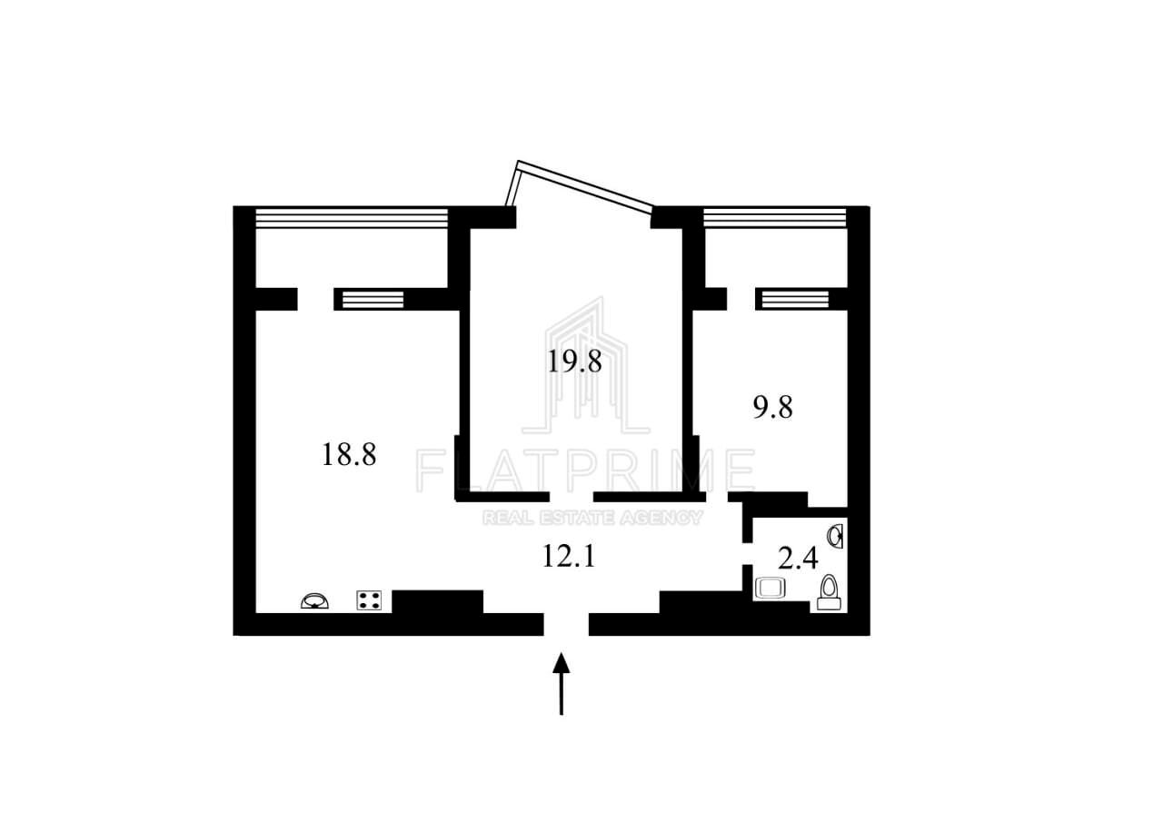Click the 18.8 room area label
click(349, 454)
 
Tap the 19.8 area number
click(575, 361)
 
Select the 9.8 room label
click(772, 407)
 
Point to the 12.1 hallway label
click(569, 556)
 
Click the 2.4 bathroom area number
click(798, 559)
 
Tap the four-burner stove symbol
click(369, 600)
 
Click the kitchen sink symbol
click(314, 601)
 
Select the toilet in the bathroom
click(829, 592)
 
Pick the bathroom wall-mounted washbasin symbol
click(836, 537)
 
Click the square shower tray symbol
click(770, 589)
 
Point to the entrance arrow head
click(562, 663)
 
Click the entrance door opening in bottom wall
click(566, 625)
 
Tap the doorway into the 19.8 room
click(572, 497)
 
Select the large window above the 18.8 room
click(352, 218)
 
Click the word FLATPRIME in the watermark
click(585, 470)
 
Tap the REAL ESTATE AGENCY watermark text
click(592, 518)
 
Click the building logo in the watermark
click(586, 366)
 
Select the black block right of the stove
click(438, 602)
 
